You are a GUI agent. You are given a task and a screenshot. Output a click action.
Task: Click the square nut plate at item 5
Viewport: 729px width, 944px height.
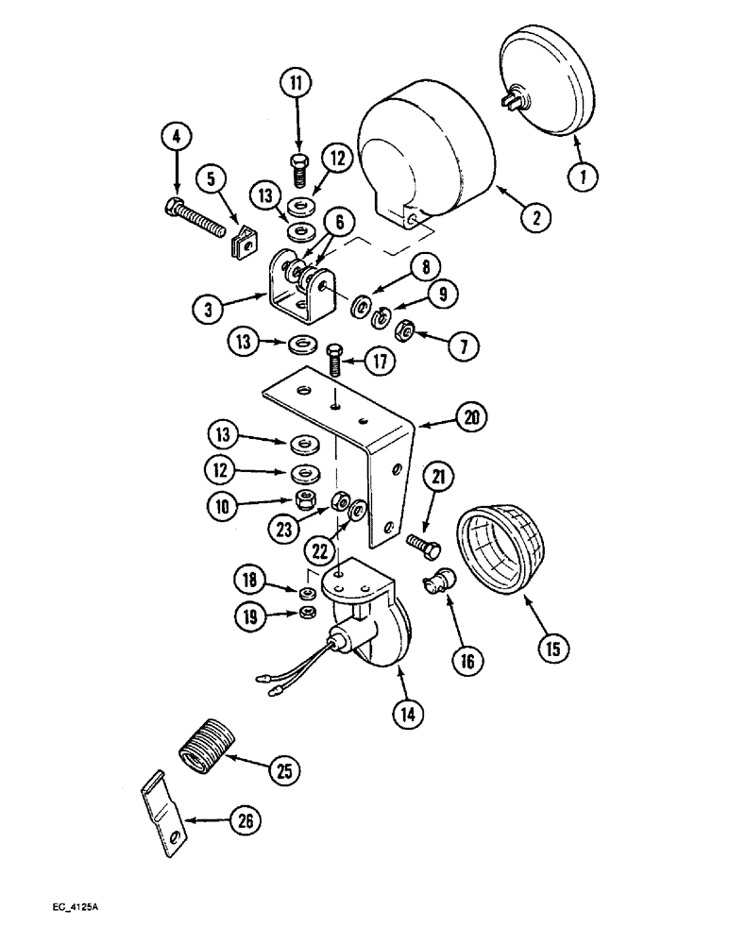pyautogui.click(x=245, y=245)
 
